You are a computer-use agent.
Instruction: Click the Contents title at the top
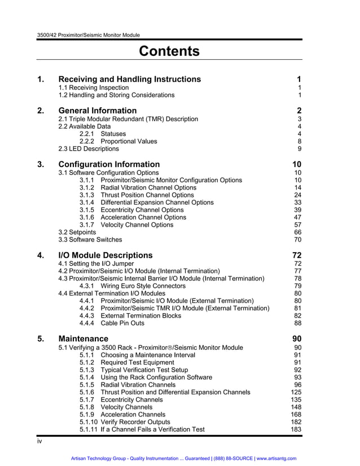169,51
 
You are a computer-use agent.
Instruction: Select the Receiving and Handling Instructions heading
129,79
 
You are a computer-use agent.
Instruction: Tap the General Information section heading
98,111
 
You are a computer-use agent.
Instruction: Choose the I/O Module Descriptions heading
106,255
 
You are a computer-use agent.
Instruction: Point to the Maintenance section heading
84,338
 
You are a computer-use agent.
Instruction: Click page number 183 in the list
296,429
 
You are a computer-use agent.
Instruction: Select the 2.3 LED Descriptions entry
89,149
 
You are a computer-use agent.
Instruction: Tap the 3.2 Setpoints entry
77,232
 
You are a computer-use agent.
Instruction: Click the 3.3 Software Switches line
90,239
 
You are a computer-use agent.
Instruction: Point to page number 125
296,392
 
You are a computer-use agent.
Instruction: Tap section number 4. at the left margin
41,255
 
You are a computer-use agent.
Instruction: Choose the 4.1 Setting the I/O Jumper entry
96,263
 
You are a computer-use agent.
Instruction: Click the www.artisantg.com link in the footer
276,458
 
